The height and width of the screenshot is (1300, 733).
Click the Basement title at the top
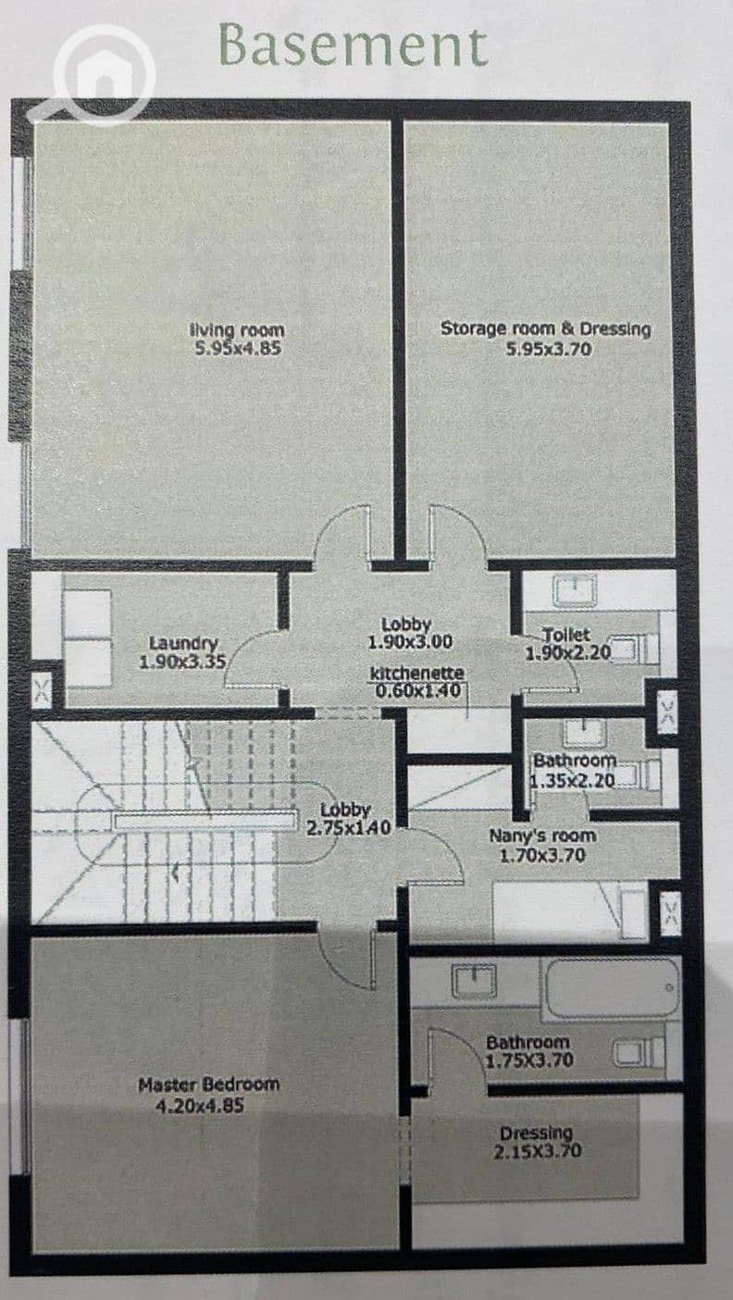(x=354, y=46)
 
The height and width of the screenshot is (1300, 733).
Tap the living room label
(x=237, y=329)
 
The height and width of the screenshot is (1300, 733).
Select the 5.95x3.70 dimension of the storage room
(x=549, y=348)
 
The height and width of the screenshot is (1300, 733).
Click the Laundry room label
(x=183, y=643)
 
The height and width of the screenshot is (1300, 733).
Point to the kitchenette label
(x=417, y=674)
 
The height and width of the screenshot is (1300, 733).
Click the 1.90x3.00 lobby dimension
(x=410, y=642)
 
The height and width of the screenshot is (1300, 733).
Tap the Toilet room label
(x=565, y=635)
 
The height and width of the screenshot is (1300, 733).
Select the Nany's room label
(x=542, y=836)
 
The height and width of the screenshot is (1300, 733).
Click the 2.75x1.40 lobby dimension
(x=348, y=827)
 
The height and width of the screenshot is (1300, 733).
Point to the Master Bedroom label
(x=209, y=1084)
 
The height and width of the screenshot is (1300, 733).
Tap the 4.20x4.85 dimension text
(x=200, y=1106)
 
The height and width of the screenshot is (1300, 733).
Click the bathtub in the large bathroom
(x=610, y=989)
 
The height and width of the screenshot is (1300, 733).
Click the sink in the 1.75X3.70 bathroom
(x=475, y=980)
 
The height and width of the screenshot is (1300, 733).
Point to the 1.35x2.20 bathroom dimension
(x=573, y=781)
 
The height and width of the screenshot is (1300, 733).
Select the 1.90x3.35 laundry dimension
(x=182, y=662)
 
